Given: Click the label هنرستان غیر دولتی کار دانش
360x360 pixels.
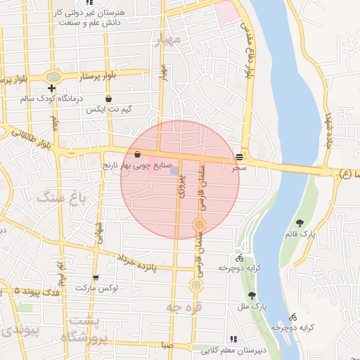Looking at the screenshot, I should pos(94,18).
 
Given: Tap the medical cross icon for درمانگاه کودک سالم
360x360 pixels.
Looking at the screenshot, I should pos(51,88).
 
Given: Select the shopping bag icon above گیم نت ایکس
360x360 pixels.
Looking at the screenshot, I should pos(108,99).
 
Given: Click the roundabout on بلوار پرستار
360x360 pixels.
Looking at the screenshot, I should pos(52,76).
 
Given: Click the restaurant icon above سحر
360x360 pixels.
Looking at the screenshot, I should pos(240,157).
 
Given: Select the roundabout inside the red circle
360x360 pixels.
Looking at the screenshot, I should pos(199,225).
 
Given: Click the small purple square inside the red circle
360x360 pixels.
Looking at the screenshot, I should pos(174,170).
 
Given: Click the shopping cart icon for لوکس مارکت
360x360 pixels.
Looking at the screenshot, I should pos(96,278).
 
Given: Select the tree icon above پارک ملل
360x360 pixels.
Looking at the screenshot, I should pos(252,295).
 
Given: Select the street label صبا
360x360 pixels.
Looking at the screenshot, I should pos(165,345).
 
